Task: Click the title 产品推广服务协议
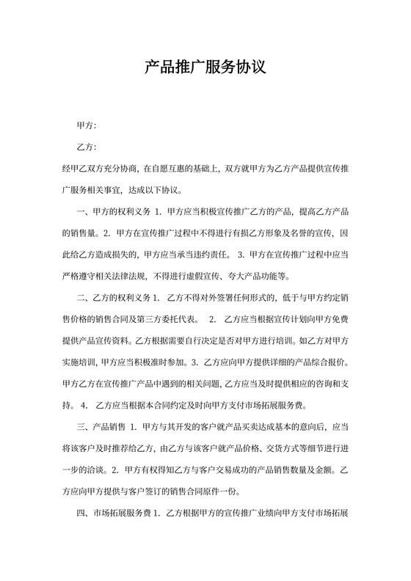pyautogui.click(x=205, y=68)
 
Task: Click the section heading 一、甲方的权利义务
pyautogui.click(x=114, y=212)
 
